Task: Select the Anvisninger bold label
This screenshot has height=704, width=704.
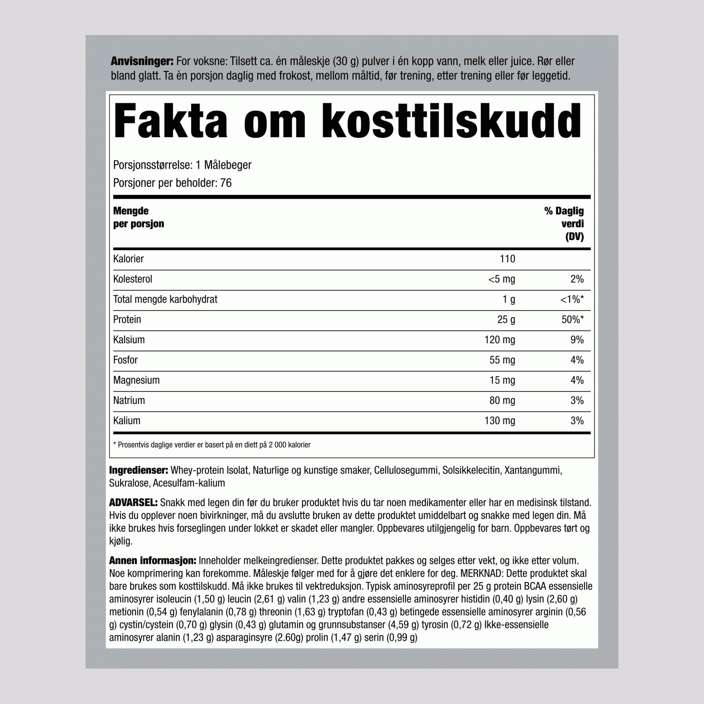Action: [142, 61]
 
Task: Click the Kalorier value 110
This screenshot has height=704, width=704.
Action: [507, 259]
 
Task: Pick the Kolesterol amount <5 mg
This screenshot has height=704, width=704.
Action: [502, 279]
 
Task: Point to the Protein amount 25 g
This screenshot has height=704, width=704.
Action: [506, 320]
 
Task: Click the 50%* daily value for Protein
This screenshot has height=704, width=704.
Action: [572, 320]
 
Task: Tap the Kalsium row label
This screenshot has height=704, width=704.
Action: [129, 340]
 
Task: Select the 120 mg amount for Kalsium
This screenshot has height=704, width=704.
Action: [499, 340]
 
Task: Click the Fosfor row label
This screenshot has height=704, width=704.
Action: [125, 360]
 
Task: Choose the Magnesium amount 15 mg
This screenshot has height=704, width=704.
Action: [502, 380]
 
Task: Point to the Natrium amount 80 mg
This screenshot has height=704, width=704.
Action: [502, 400]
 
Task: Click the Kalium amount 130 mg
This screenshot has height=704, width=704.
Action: [499, 420]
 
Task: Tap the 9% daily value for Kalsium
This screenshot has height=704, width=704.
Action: [577, 340]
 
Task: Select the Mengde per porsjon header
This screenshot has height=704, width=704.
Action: [139, 217]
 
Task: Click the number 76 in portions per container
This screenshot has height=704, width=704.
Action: [225, 183]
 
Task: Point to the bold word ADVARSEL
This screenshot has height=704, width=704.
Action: [133, 503]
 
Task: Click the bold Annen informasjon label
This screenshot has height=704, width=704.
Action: [153, 560]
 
